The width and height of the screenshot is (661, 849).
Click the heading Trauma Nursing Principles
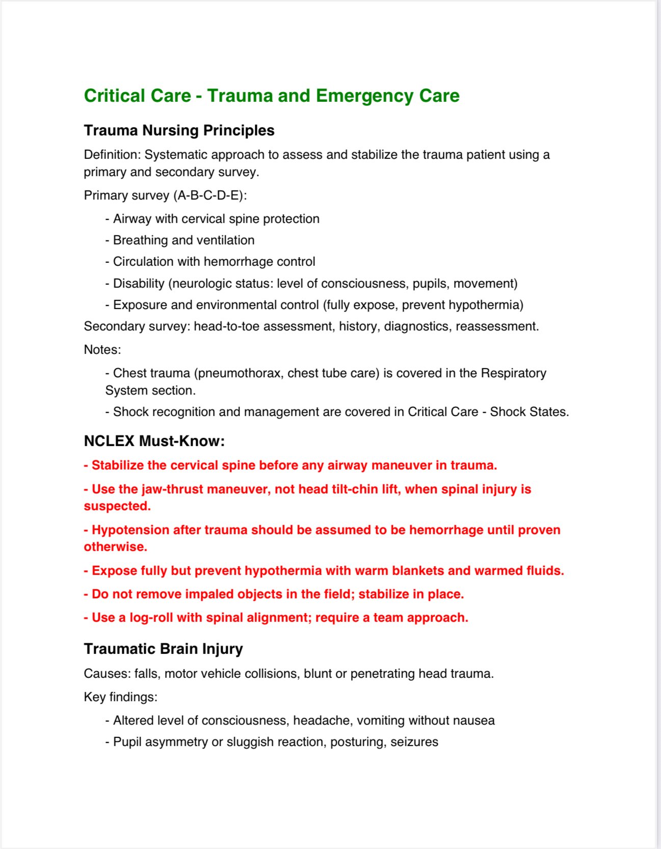coord(179,130)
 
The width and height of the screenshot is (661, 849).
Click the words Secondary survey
coord(136,326)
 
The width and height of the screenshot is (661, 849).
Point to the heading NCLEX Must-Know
coord(154,441)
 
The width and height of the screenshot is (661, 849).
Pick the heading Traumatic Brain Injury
coord(163,649)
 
